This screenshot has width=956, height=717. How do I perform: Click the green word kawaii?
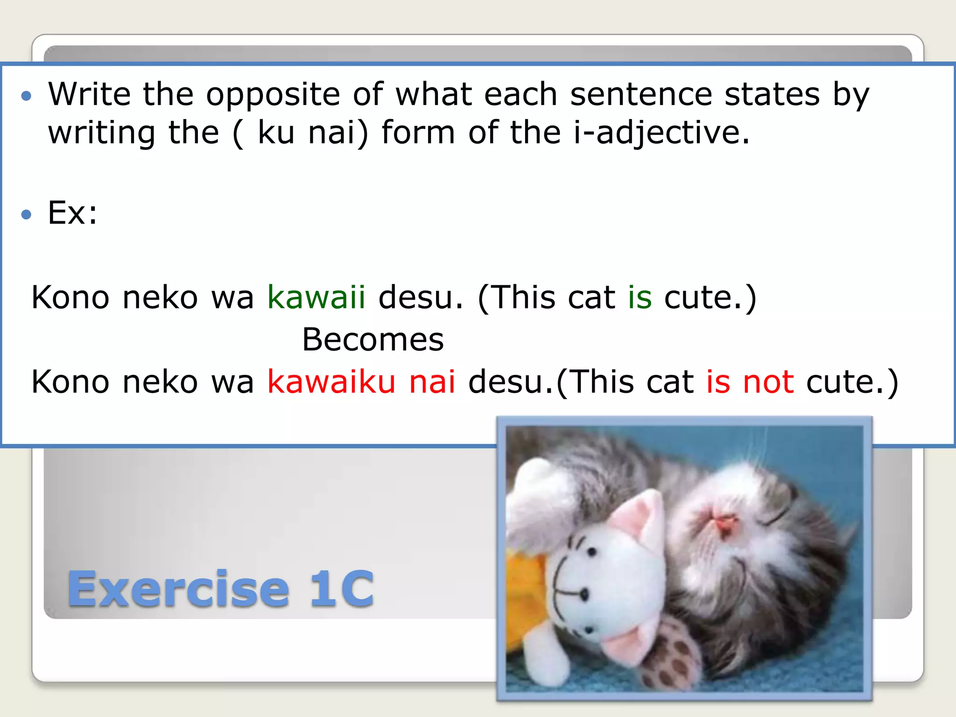point(316,297)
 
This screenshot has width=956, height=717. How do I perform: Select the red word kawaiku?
point(331,382)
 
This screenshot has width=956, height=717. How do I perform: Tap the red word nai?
point(432,382)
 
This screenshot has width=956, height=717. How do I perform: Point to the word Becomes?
point(373,339)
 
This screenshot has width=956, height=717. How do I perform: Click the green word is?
point(640,297)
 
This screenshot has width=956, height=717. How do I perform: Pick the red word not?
point(768,382)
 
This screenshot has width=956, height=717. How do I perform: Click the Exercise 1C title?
point(221,589)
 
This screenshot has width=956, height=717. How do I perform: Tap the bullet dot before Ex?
point(27,214)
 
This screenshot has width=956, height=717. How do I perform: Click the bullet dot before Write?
point(27,96)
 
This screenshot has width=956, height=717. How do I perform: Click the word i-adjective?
point(661,133)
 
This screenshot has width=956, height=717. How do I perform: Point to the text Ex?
point(73,213)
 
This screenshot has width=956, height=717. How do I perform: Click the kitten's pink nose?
point(723,521)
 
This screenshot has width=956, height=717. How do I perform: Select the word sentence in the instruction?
point(641,95)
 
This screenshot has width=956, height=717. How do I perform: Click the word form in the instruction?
point(418,133)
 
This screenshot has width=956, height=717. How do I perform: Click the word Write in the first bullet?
point(89,94)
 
